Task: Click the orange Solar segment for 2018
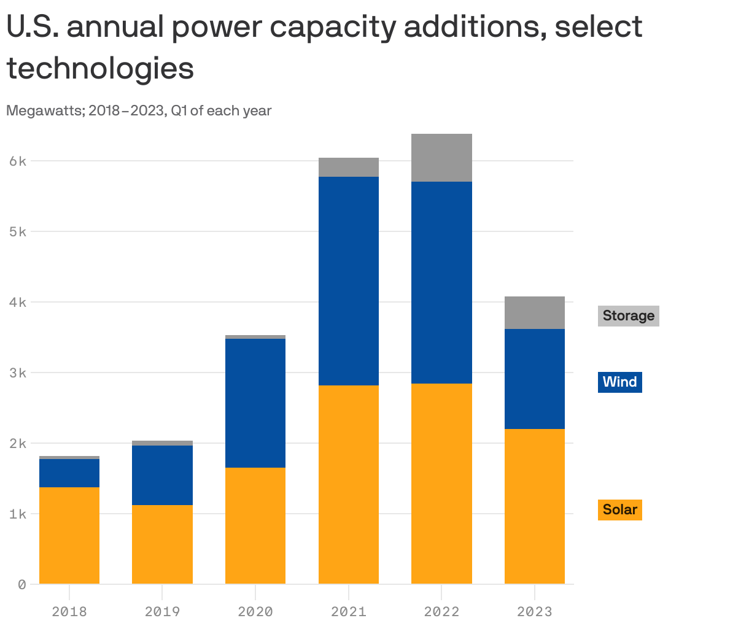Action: click(x=69, y=535)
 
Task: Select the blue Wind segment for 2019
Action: click(x=162, y=475)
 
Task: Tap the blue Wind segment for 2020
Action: click(x=255, y=403)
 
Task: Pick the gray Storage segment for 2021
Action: click(x=349, y=167)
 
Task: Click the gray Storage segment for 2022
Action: click(x=441, y=158)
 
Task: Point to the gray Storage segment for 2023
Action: click(x=535, y=312)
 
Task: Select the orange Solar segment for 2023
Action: click(x=535, y=506)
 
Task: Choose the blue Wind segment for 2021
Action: click(x=349, y=280)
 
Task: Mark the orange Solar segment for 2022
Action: click(x=441, y=483)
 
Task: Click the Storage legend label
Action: click(x=628, y=315)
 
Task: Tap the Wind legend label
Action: click(x=619, y=382)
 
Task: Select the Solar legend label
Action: click(x=619, y=509)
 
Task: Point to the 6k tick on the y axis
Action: click(x=18, y=161)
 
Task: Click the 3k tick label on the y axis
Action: click(x=18, y=373)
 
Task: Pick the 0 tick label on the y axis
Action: click(x=21, y=584)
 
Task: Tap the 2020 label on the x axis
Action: click(x=255, y=611)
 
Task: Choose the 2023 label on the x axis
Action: click(x=535, y=611)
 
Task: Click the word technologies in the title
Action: click(x=101, y=69)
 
